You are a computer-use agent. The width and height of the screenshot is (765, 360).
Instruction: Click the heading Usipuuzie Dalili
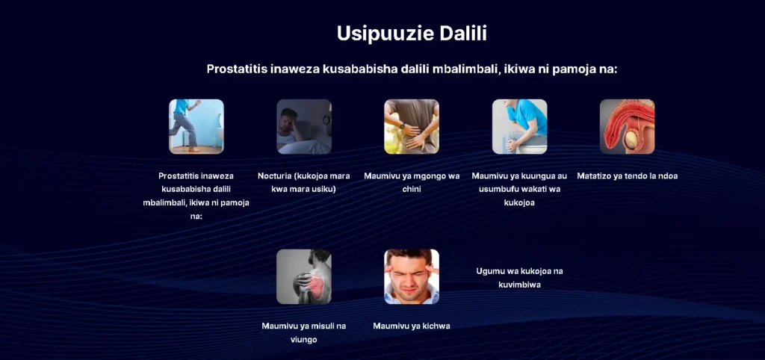click(412, 34)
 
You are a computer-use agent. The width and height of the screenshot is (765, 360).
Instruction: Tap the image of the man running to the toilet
click(196, 127)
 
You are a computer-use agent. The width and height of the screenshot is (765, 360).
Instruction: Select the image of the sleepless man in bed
click(304, 127)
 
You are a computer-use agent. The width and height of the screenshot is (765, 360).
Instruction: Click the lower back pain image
click(412, 127)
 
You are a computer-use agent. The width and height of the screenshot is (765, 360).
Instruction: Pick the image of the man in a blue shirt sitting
click(520, 127)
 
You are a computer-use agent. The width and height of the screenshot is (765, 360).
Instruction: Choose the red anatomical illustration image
click(627, 127)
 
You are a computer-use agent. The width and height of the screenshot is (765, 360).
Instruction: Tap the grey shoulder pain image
click(304, 276)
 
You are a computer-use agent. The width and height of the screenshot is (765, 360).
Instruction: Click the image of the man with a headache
click(412, 276)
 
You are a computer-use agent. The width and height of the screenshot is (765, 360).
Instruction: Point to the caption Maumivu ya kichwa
click(412, 326)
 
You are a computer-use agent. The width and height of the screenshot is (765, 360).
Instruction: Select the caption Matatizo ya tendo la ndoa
click(627, 176)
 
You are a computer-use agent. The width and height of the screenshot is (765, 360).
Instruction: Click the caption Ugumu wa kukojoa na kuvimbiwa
click(520, 278)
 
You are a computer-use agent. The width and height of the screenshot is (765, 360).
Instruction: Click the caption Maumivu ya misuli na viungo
click(304, 332)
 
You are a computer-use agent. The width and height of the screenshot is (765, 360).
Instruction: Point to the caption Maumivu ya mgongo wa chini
click(412, 182)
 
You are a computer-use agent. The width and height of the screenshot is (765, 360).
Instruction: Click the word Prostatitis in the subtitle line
click(234, 69)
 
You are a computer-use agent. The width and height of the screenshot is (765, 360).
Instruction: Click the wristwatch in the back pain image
click(403, 126)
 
